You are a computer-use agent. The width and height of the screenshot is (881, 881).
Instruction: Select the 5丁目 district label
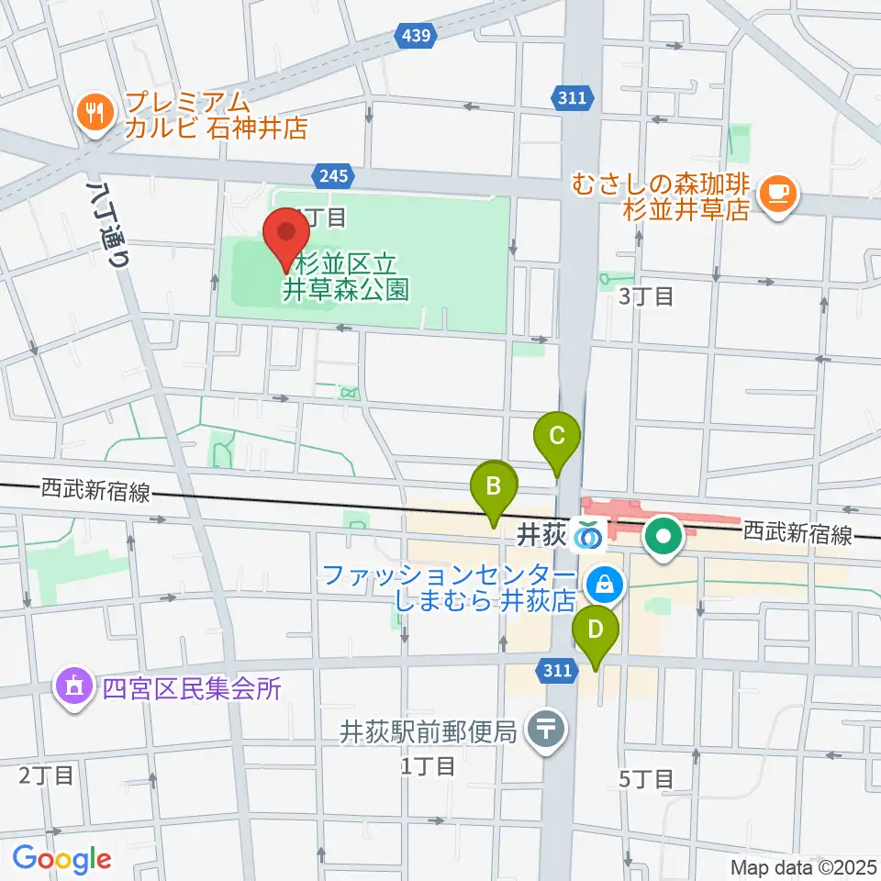pos(646,779)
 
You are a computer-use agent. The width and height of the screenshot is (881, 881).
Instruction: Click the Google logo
pos(61,859)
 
